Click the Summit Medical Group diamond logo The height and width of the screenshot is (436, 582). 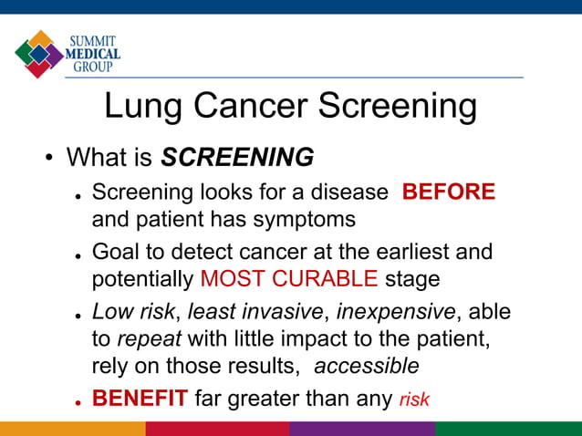click(38, 54)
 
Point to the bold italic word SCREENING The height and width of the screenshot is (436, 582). click(237, 158)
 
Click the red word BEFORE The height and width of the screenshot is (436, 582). click(449, 192)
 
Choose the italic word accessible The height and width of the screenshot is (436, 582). click(367, 367)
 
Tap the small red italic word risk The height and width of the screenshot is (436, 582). click(414, 400)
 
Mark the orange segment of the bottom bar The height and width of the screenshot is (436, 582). click(72, 429)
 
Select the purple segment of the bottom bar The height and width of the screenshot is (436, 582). click(362, 429)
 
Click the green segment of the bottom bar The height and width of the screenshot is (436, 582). click(508, 429)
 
